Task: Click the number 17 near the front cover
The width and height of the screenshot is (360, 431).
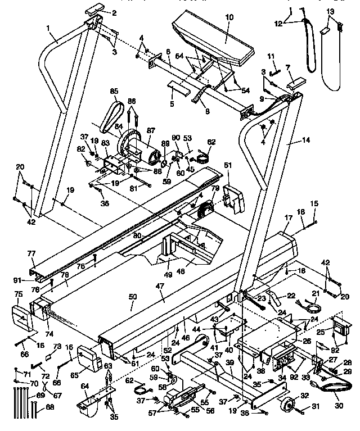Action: click(288, 217)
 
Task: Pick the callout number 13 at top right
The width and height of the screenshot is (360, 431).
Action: click(330, 11)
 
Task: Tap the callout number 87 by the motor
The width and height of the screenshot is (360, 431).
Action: click(151, 130)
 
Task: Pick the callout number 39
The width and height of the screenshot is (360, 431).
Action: click(229, 363)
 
